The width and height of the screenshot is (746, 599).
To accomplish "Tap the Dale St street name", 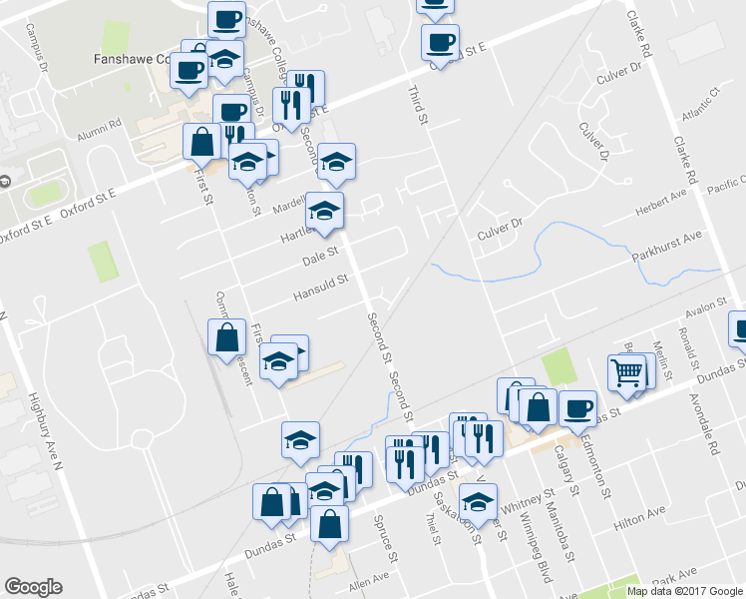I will click(322, 259).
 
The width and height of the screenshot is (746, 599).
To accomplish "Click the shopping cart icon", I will click(627, 372).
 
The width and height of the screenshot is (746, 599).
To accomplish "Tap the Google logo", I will click(33, 587).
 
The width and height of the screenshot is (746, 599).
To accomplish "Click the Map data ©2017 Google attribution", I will click(685, 591).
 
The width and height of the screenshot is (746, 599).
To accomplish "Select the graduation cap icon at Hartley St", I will click(324, 210).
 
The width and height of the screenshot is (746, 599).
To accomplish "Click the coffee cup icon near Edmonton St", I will click(577, 407).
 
